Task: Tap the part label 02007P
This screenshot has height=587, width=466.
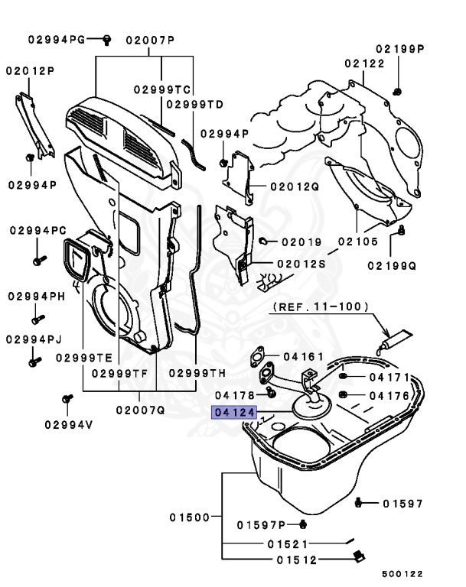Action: pos(150,38)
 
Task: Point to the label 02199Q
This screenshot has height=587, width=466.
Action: pos(391,266)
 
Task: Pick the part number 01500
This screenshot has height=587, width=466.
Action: pos(189,517)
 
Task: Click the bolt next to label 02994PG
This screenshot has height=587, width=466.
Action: pos(107,38)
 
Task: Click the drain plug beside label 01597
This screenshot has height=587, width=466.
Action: pos(362,503)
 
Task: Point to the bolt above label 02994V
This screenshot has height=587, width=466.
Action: pos(67,399)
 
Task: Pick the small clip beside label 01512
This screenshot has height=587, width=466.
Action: pos(355,558)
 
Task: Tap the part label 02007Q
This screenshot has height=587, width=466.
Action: pos(141,409)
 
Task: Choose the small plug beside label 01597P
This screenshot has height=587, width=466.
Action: pos(303,524)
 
